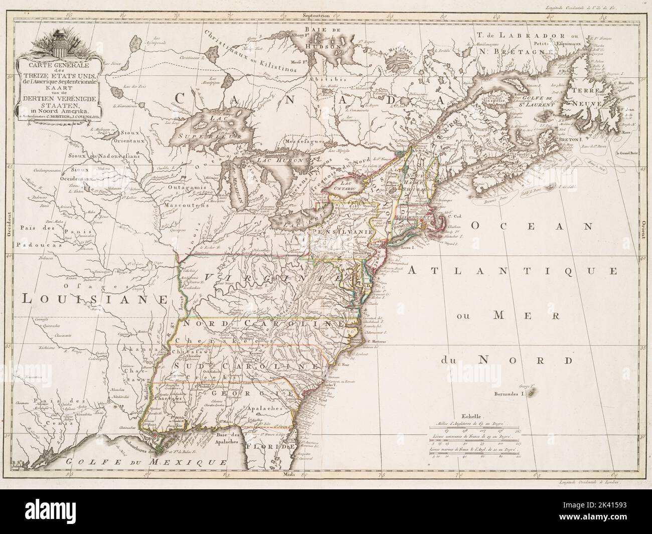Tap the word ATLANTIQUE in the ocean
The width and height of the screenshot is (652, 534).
click(512, 271)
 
